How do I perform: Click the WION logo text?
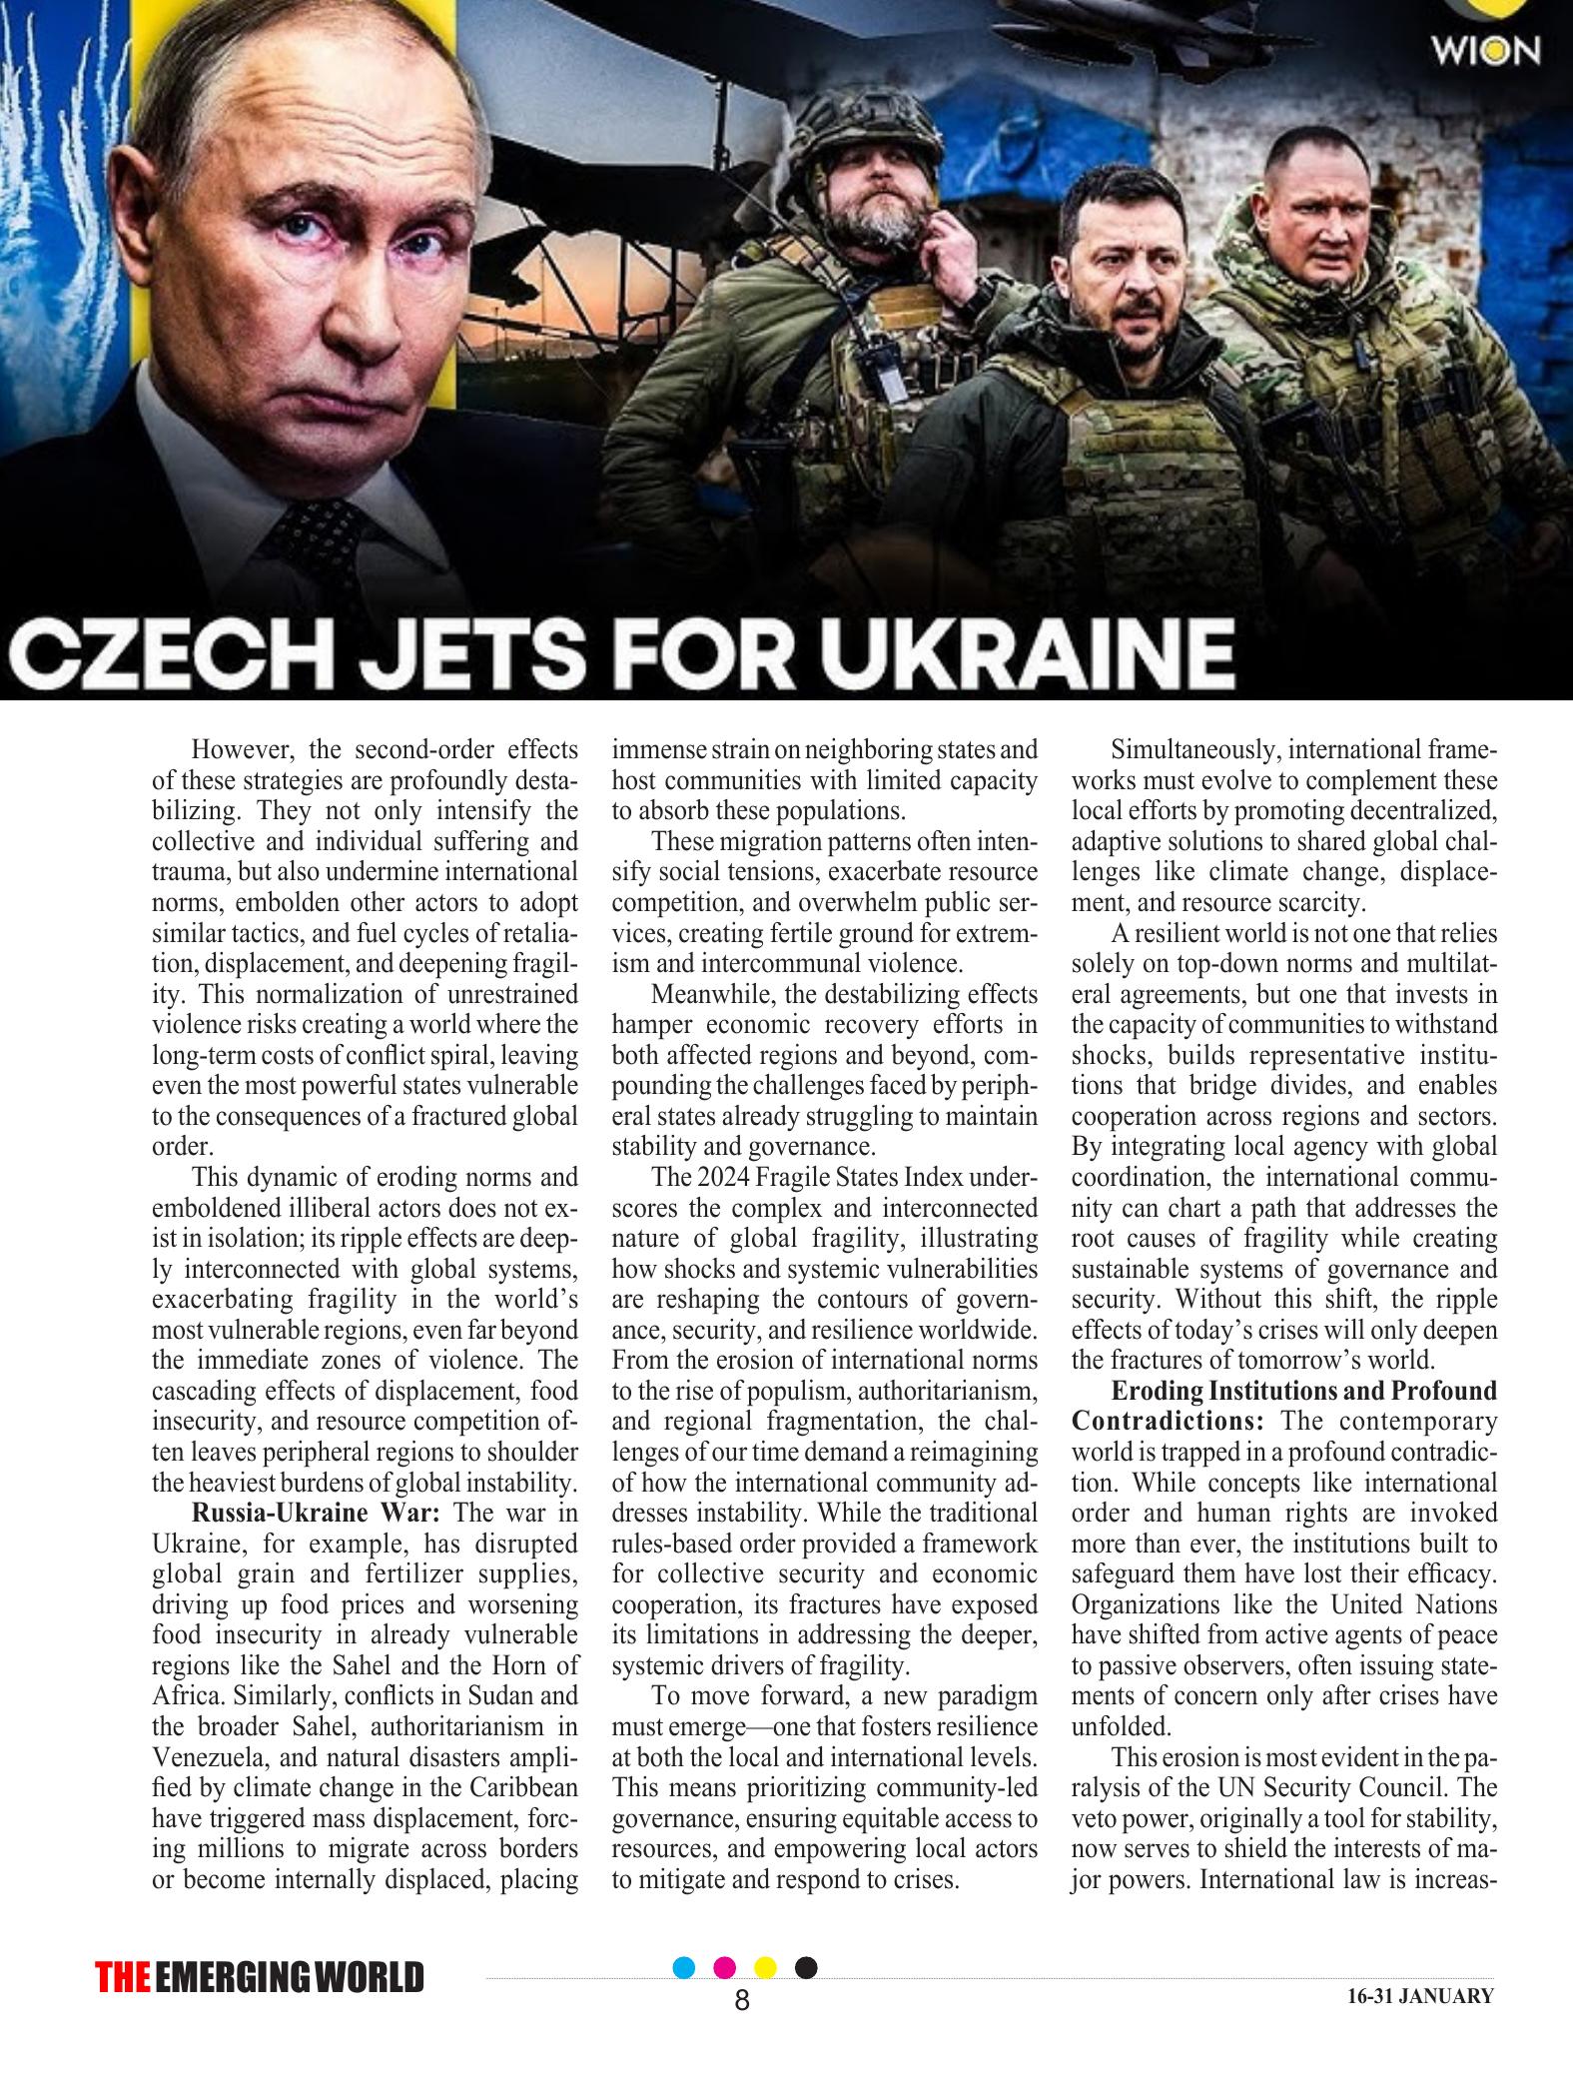pos(1484,49)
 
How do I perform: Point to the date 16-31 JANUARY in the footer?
pos(1419,1996)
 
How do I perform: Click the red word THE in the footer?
pos(123,1977)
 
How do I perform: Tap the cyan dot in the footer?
pos(684,1967)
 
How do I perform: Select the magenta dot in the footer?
pos(725,1967)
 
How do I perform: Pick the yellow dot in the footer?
pos(765,1967)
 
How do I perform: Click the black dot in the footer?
pos(806,1967)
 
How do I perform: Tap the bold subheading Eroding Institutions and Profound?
pos(1303,1391)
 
